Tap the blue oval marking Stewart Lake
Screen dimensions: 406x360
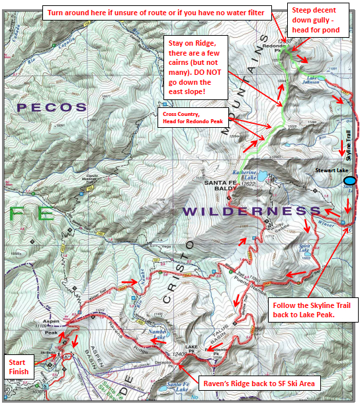point(350,180)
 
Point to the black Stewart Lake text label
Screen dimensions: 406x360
point(329,170)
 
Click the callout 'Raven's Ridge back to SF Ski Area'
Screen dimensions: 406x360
point(261,382)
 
